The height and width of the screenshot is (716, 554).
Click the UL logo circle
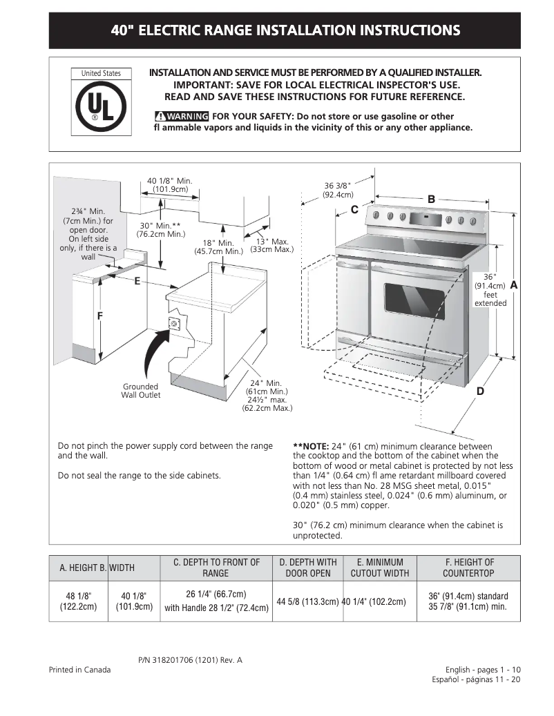point(101,108)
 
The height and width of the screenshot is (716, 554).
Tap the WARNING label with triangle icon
point(182,116)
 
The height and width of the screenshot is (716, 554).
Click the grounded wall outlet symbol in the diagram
point(174,322)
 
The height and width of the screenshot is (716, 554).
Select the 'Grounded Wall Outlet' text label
point(141,391)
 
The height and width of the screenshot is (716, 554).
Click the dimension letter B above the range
point(431,200)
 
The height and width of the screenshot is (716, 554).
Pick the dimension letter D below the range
point(480,391)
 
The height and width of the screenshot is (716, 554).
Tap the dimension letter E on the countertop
point(137,281)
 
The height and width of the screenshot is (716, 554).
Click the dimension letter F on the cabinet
point(99,316)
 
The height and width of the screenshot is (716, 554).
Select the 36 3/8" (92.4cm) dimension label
point(338,190)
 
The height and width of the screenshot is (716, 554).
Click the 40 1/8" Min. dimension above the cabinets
point(170,185)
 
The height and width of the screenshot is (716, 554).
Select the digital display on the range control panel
point(424,220)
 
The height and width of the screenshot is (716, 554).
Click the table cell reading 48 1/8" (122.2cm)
point(78,601)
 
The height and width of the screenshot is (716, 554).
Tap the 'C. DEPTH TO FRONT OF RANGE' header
point(216,568)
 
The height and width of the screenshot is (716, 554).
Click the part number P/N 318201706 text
point(190,660)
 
